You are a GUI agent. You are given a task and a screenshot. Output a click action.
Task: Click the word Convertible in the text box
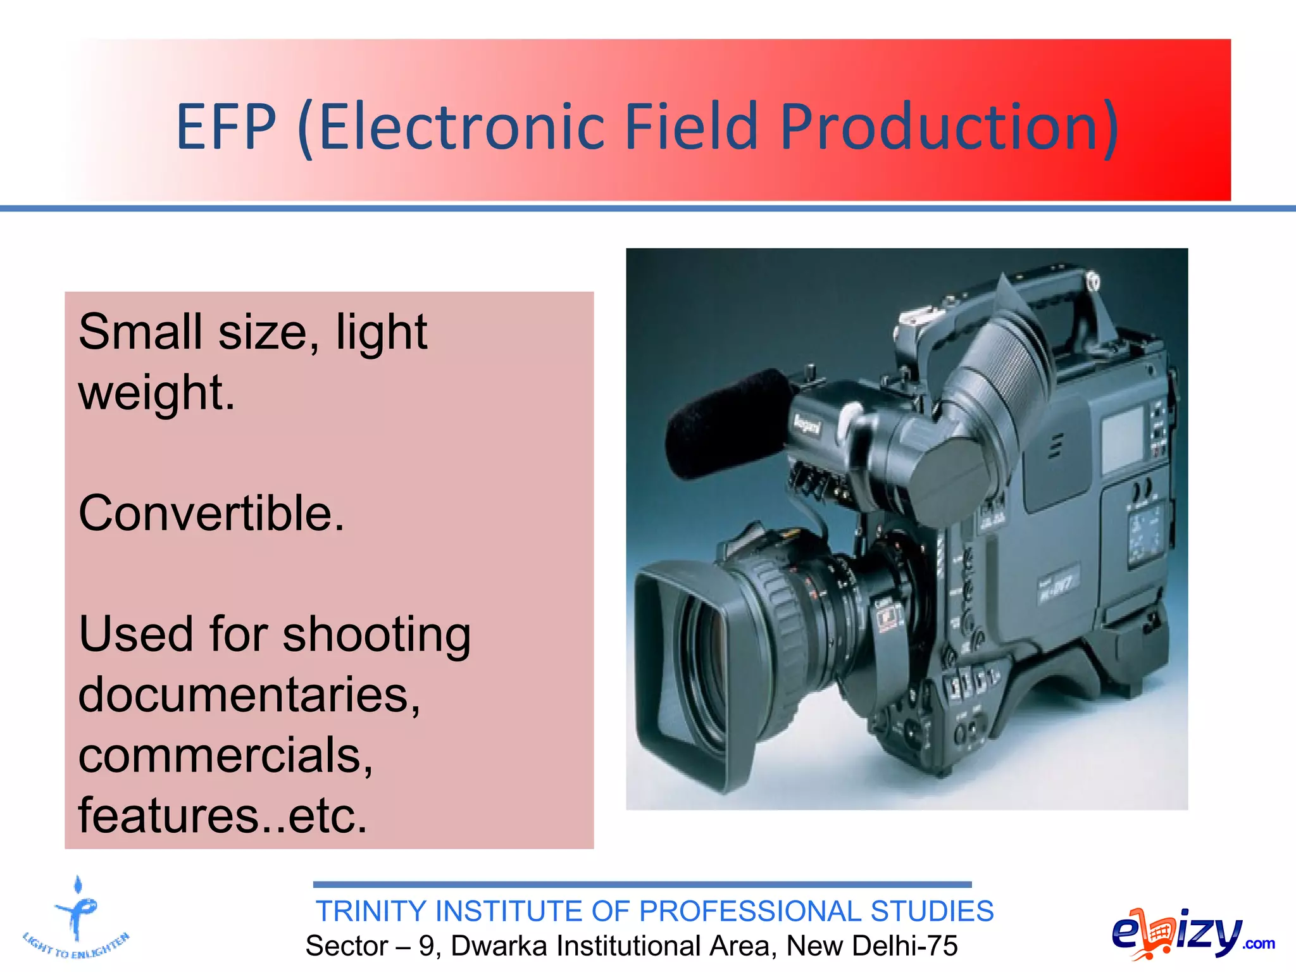(x=211, y=513)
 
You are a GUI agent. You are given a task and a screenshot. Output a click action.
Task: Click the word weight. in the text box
(x=156, y=392)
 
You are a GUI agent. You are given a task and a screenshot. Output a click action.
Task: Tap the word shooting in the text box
(x=376, y=635)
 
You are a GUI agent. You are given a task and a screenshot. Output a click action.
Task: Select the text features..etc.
(x=223, y=816)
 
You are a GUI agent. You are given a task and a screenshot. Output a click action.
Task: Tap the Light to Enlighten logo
(x=76, y=921)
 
